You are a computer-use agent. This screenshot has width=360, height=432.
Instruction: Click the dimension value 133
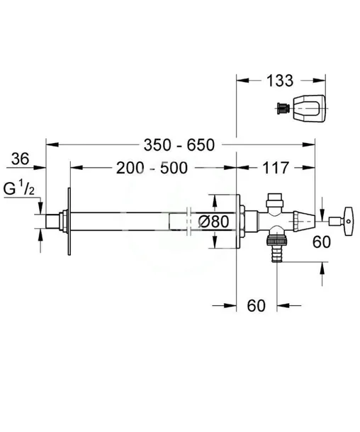(279, 81)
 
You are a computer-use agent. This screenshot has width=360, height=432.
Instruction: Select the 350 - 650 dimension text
(179, 145)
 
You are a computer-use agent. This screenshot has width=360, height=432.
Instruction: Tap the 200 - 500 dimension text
(152, 168)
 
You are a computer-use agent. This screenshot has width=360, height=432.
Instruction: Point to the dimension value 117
(276, 168)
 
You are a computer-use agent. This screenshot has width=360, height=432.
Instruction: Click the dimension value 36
(20, 159)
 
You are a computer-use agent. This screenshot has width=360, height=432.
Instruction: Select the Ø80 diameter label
(214, 222)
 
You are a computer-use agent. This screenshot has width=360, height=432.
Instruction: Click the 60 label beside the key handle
(322, 242)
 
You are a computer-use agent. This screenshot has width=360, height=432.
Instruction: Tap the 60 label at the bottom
(256, 305)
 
